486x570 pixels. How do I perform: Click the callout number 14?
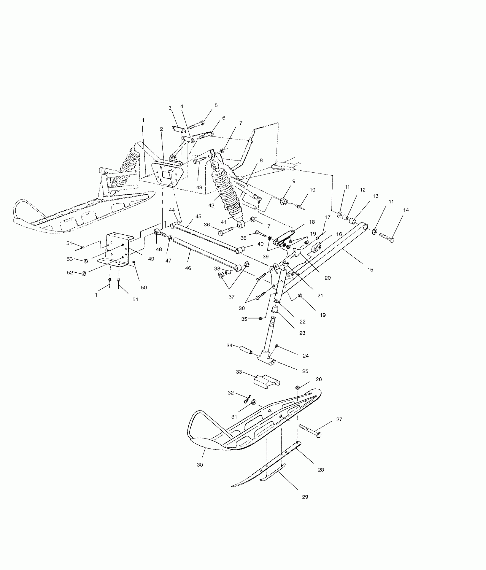(406, 210)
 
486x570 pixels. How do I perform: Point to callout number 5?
(216, 105)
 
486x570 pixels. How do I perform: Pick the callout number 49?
(151, 259)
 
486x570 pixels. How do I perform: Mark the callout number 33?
(239, 372)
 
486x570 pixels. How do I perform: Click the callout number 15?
(370, 269)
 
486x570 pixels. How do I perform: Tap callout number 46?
(188, 268)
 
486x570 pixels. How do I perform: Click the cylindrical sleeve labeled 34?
(246, 350)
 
